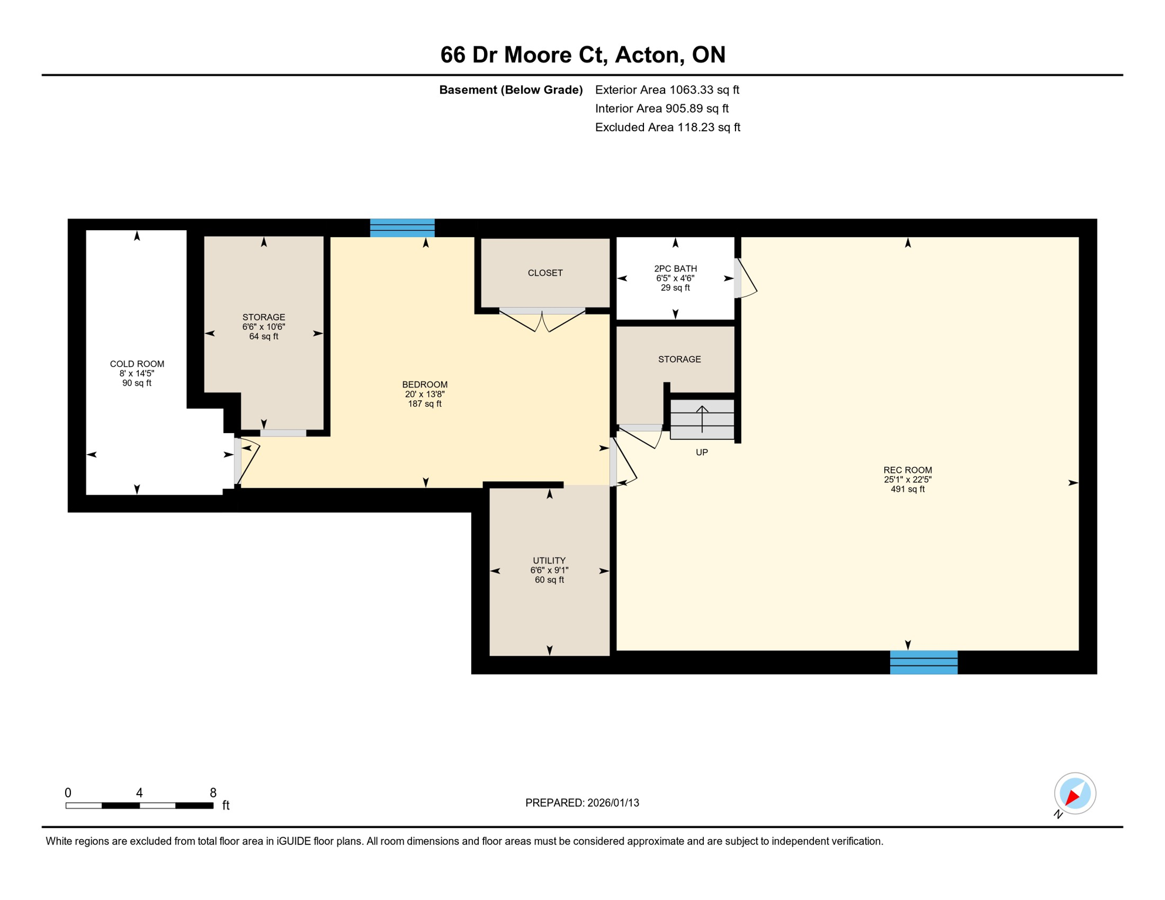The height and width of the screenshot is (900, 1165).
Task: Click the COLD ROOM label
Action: (137, 364)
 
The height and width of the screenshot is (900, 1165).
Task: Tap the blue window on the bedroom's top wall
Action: (402, 227)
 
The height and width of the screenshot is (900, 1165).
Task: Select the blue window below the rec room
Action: (924, 662)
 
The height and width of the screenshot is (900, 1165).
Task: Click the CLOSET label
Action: (545, 273)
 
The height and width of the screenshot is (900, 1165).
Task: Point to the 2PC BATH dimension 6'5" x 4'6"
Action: (675, 278)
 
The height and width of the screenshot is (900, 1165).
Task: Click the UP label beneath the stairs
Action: (701, 452)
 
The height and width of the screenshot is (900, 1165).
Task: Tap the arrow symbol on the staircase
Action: (702, 418)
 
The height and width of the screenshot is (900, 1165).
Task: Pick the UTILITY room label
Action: (549, 561)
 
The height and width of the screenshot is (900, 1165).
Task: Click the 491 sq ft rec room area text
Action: (907, 489)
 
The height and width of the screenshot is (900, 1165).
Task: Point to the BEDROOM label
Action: (425, 385)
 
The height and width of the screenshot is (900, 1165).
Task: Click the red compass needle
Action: (1072, 797)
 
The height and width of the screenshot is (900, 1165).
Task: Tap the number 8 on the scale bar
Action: (213, 793)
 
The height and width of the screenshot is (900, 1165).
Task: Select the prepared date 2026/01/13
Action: (613, 803)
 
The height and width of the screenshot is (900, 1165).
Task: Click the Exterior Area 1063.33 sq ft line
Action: (667, 90)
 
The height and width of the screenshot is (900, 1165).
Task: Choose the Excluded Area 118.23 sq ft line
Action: (667, 127)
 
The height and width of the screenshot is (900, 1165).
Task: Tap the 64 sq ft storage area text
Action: (264, 336)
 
